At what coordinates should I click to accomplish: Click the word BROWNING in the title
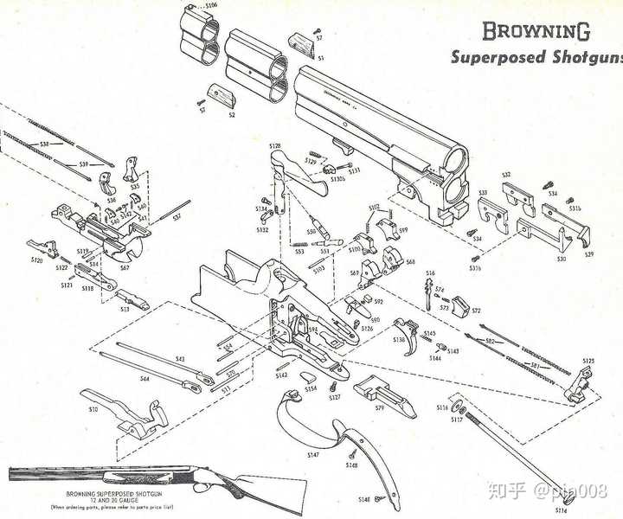(536, 31)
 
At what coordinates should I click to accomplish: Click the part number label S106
(211, 5)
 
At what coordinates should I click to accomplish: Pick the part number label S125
(588, 361)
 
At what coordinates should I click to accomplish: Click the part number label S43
(180, 358)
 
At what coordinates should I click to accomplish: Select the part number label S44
(145, 378)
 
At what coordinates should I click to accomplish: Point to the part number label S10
(93, 408)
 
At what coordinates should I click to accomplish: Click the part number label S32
(506, 175)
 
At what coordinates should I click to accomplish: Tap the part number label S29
(589, 254)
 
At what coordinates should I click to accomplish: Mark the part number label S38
(45, 144)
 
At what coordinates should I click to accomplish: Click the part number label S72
(475, 310)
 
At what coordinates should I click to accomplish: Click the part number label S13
(125, 309)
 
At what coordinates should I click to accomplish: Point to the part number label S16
(430, 273)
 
